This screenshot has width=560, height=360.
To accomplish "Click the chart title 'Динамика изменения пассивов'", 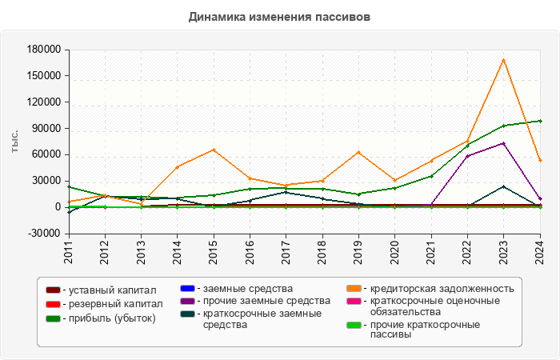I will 280,17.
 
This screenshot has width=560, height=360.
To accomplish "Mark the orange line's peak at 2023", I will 503,60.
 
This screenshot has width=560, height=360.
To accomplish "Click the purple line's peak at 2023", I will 503,143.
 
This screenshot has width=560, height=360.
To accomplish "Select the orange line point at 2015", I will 214,150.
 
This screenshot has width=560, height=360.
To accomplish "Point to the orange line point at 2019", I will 358,152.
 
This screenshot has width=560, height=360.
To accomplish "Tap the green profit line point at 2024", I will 540,121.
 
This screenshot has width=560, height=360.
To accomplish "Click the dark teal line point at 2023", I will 503,186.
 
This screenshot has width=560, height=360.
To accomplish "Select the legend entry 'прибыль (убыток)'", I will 110,318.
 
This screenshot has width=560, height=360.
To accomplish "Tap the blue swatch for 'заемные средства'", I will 187,288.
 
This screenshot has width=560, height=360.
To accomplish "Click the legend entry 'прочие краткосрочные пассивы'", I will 424,330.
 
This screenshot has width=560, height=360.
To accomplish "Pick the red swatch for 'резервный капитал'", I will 54,304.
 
